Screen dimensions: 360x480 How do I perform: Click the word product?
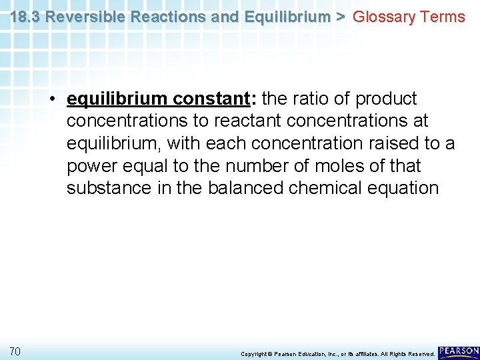point(386,99)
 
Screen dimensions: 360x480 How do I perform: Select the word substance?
point(109,187)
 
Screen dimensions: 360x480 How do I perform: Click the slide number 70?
point(15,351)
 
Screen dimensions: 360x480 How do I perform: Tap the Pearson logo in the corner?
point(459,351)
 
